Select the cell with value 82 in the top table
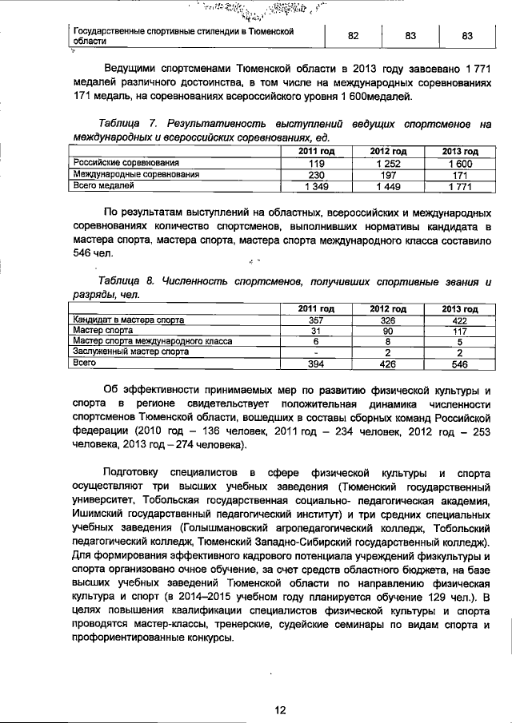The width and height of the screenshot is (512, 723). click(x=353, y=36)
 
